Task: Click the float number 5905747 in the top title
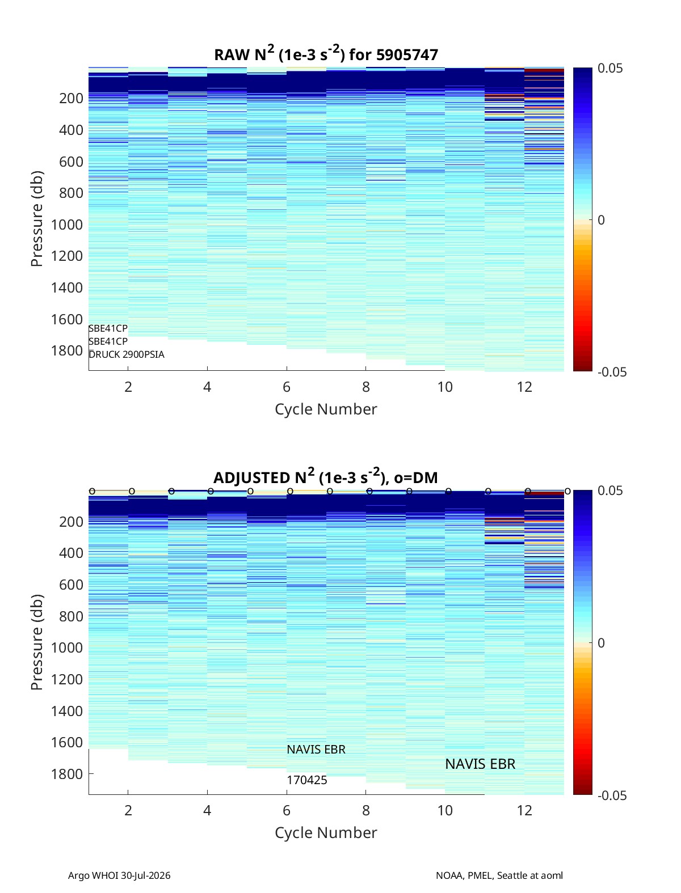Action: (x=407, y=54)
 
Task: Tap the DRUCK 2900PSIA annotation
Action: (x=127, y=354)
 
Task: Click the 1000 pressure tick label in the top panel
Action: (x=67, y=225)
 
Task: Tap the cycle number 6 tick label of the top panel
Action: (x=287, y=387)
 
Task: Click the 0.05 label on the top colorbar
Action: (x=610, y=68)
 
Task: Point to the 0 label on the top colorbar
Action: (x=601, y=220)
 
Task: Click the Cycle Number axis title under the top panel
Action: (x=326, y=409)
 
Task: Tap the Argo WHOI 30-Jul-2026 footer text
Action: (x=119, y=875)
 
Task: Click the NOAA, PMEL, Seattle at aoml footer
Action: (x=499, y=875)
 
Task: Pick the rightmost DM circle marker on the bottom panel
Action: (x=567, y=491)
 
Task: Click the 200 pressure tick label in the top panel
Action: (x=71, y=98)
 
